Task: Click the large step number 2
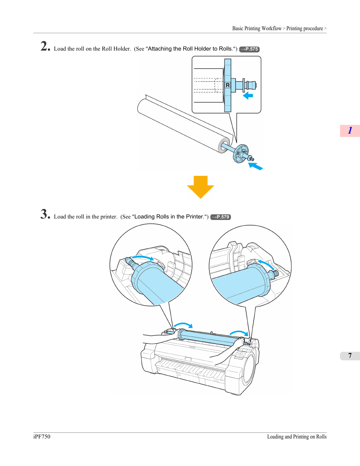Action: point(45,46)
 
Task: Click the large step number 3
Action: point(45,214)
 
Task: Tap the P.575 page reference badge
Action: point(249,49)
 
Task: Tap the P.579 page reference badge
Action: point(220,217)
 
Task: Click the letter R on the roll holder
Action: point(228,85)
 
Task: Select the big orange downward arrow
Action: point(200,187)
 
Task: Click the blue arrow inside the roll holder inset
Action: point(248,95)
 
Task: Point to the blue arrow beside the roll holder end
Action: point(255,166)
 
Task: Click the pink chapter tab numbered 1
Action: point(350,131)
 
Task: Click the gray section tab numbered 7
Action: point(350,356)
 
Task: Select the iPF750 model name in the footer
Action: point(42,437)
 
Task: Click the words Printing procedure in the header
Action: point(305,28)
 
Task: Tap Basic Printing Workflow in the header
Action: point(257,28)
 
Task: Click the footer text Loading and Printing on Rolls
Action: point(297,437)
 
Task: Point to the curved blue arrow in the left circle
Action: point(143,257)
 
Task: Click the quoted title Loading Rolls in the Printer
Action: point(169,217)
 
